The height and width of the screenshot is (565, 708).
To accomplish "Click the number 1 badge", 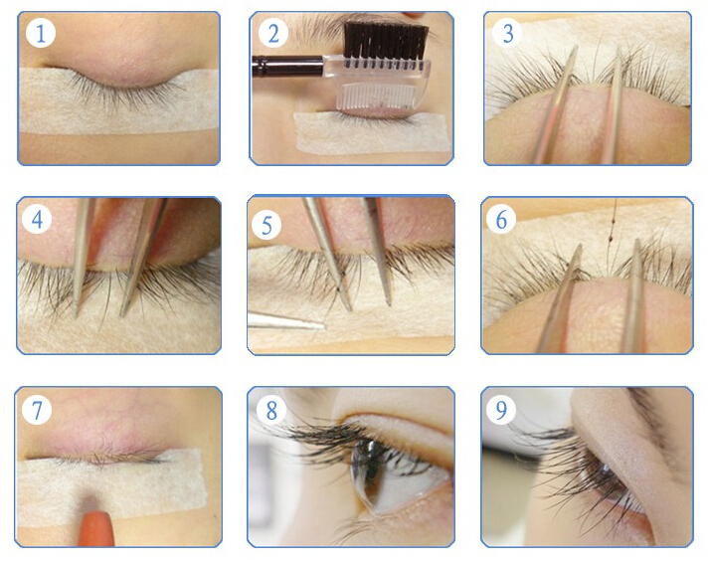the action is (41, 33).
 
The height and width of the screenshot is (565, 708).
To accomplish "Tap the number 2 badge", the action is (273, 33).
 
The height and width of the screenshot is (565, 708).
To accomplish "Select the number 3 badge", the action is (507, 33).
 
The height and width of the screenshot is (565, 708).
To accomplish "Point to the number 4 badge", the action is (37, 220).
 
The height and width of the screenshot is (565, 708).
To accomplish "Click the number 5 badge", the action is (266, 225).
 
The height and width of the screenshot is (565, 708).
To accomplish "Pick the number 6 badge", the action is (501, 220).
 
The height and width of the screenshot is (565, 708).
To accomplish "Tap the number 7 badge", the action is (37, 410).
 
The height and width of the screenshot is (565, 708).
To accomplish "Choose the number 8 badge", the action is (271, 410).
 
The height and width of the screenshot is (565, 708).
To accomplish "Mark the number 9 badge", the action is (501, 409).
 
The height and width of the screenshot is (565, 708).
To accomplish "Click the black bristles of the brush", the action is (386, 42).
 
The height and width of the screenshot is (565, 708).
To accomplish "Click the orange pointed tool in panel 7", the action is (95, 528).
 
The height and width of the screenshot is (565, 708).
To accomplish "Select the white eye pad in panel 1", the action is (118, 100).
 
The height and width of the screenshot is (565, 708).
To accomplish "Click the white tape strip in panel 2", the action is (373, 132).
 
